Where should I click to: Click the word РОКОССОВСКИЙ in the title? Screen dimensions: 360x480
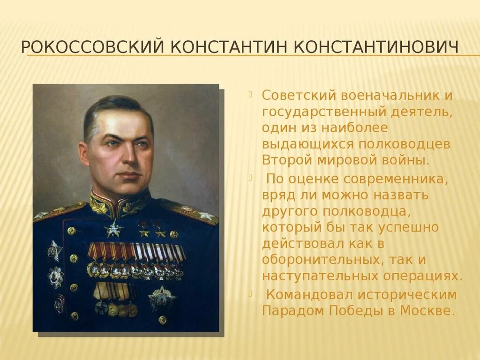pyautogui.click(x=92, y=47)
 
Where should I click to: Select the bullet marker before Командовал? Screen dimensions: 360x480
pyautogui.click(x=250, y=292)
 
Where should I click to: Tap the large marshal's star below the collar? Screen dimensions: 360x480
pyautogui.click(x=113, y=229)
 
